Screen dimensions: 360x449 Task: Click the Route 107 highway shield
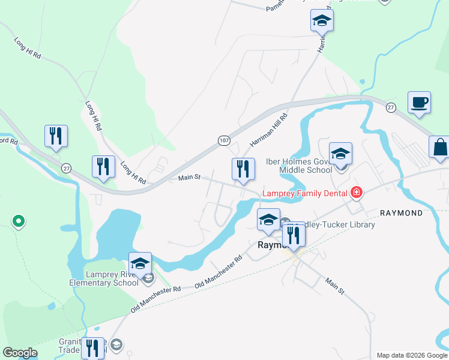point(224,140)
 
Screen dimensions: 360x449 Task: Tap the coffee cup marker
point(418,102)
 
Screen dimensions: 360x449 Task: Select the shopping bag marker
point(439,148)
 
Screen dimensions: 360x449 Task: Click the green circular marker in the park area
point(19,222)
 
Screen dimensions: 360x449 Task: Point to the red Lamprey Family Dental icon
point(357,193)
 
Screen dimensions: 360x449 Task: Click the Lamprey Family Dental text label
point(304,193)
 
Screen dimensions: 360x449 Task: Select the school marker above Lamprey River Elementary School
point(139,263)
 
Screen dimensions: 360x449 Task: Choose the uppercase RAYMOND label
point(402,213)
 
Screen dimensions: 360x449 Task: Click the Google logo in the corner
point(20,353)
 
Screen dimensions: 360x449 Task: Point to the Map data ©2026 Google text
point(412,355)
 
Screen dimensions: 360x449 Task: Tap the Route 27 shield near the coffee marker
point(391,107)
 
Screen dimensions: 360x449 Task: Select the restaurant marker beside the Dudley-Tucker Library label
point(294,235)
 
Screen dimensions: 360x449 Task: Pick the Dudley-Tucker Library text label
point(339,224)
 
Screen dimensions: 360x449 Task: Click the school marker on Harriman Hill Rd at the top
point(322,20)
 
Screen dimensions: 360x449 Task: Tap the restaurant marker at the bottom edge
point(92,348)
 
